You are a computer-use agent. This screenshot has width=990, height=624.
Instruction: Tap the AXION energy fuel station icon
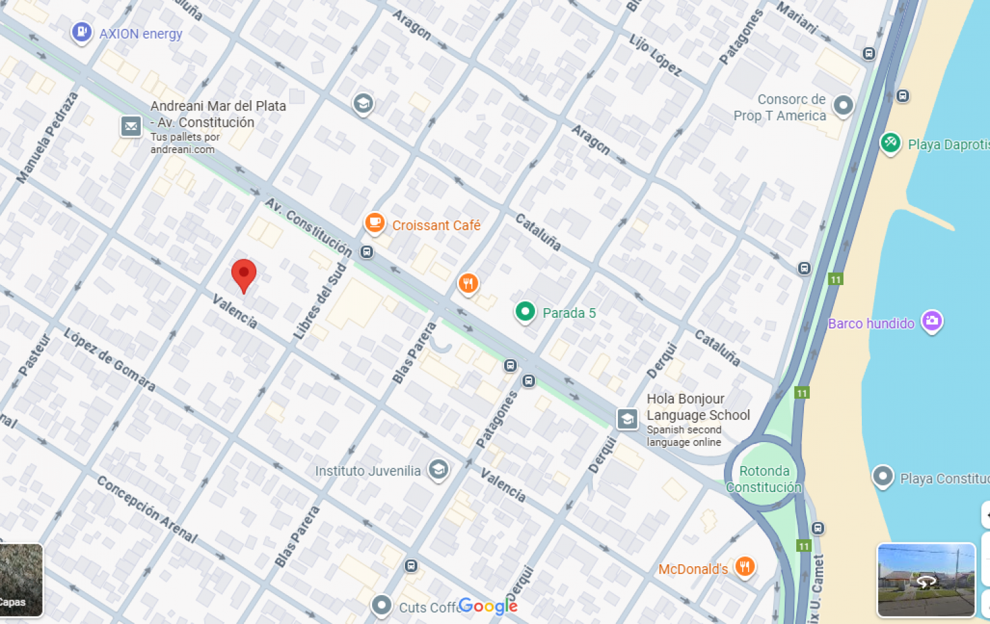pyautogui.click(x=82, y=32)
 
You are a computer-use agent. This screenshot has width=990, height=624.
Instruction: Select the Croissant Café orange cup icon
pyautogui.click(x=375, y=223)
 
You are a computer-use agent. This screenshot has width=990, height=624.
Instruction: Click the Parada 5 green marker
pyautogui.click(x=525, y=311)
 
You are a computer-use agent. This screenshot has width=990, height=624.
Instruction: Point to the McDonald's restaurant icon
pyautogui.click(x=745, y=566)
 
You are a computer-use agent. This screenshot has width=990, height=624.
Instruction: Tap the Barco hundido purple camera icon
pyautogui.click(x=931, y=321)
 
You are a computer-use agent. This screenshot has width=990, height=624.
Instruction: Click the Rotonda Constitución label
pyautogui.click(x=764, y=479)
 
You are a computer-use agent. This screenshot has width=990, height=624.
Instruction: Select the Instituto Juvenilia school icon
pyautogui.click(x=438, y=469)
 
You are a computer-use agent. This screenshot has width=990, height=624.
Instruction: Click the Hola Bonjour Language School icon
pyautogui.click(x=627, y=418)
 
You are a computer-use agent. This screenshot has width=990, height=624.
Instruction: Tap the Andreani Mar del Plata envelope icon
pyautogui.click(x=131, y=126)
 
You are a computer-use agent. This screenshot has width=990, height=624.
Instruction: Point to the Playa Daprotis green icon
pyautogui.click(x=890, y=142)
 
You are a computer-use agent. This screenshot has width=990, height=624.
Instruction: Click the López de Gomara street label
pyautogui.click(x=109, y=359)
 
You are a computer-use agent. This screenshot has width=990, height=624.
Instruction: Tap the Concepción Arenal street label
pyautogui.click(x=147, y=509)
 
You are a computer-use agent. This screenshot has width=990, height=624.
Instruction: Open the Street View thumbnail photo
pyautogui.click(x=926, y=580)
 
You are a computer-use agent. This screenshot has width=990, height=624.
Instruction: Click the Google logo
pyautogui.click(x=488, y=606)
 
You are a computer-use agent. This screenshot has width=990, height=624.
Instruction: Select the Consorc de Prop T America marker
pyautogui.click(x=843, y=105)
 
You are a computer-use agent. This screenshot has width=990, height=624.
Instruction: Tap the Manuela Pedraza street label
pyautogui.click(x=47, y=138)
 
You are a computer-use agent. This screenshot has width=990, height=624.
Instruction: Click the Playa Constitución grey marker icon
pyautogui.click(x=883, y=476)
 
